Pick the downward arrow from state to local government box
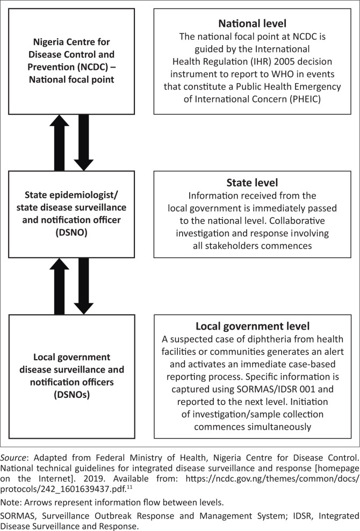click(84, 286)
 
